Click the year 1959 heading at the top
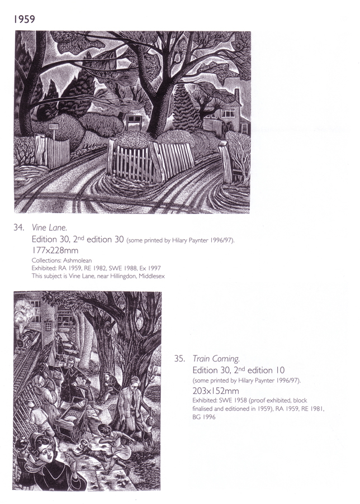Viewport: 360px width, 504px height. [x=25, y=20]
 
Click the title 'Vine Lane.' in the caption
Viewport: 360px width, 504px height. [x=50, y=228]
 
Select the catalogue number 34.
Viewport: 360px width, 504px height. [x=18, y=228]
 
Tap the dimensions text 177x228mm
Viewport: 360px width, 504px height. [x=55, y=250]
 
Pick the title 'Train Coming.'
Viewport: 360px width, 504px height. [x=216, y=359]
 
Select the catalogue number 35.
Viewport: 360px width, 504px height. [x=179, y=359]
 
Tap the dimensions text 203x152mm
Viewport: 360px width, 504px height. [x=216, y=391]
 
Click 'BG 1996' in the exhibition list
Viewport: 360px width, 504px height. [x=204, y=417]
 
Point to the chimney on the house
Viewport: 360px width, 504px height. [x=237, y=95]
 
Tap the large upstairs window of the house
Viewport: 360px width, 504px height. [x=228, y=113]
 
